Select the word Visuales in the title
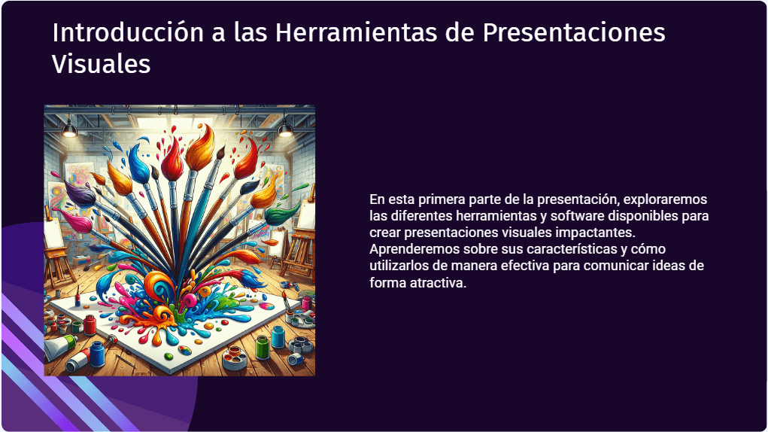point(101,64)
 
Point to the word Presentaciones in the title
point(574,32)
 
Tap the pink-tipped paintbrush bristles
point(76,221)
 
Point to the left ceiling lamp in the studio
point(69,129)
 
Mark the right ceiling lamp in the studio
point(285,129)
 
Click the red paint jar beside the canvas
point(90,324)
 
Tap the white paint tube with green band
point(59,345)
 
